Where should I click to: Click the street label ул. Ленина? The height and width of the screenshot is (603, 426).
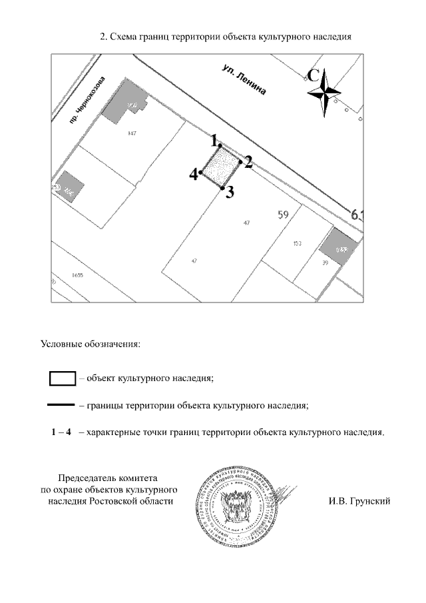[x=244, y=81]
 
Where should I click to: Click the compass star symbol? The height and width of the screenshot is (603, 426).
[x=325, y=93]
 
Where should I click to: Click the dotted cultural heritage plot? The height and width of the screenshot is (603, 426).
[x=220, y=167]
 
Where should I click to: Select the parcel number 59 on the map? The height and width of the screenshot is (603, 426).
[x=283, y=215]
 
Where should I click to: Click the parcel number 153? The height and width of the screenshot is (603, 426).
[x=298, y=244]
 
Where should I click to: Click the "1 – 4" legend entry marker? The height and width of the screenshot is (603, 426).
[x=61, y=432]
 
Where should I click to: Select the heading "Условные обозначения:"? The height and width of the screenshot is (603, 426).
[x=90, y=344]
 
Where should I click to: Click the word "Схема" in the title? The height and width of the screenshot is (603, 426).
[x=124, y=37]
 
